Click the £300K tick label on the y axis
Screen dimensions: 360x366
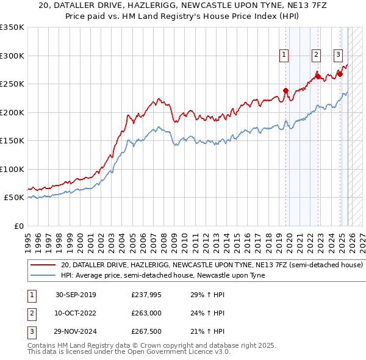pyautogui.click(x=12, y=56)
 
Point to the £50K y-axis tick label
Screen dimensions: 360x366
pyautogui.click(x=14, y=198)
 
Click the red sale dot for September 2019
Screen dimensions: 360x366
pyautogui.click(x=285, y=91)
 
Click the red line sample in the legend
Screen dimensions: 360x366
pyautogui.click(x=43, y=265)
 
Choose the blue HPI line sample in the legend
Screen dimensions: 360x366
pyautogui.click(x=43, y=275)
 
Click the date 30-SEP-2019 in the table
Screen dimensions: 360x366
pyautogui.click(x=76, y=295)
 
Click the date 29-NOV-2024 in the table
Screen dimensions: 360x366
pyautogui.click(x=76, y=331)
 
